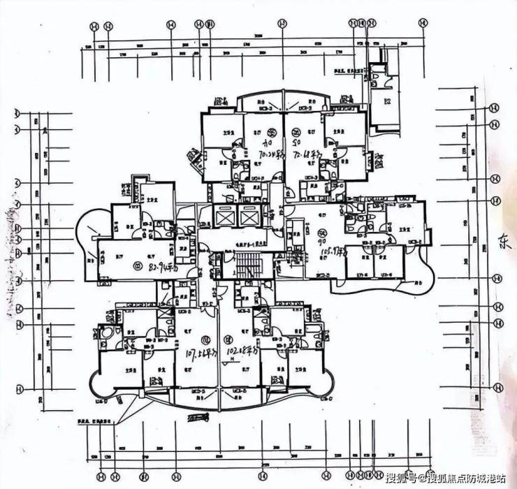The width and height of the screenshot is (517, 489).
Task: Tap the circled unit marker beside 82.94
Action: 136,266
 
